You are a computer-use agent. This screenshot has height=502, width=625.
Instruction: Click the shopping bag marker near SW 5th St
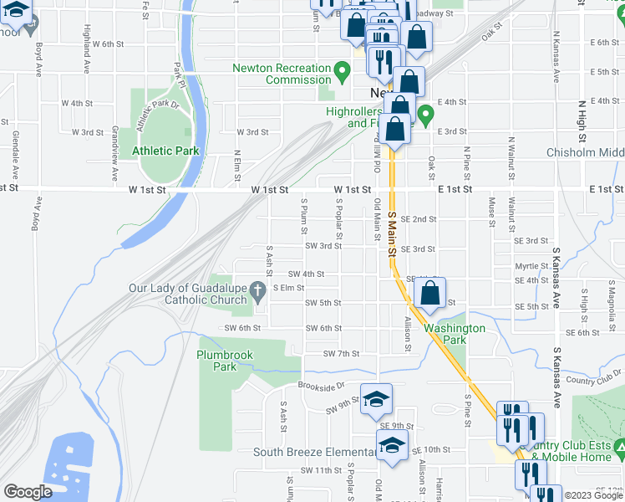429,294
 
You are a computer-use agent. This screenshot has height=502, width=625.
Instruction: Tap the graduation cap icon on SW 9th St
377,397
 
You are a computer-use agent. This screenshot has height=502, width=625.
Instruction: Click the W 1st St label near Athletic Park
149,191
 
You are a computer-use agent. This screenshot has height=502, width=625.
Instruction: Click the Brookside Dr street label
321,387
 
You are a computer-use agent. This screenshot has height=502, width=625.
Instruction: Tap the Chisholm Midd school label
585,152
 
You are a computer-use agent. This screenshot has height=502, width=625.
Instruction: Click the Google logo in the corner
28,491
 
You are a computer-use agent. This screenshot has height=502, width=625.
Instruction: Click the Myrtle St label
531,266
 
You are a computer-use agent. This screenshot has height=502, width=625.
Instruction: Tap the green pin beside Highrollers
425,114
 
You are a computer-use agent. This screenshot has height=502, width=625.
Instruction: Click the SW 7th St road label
341,354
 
